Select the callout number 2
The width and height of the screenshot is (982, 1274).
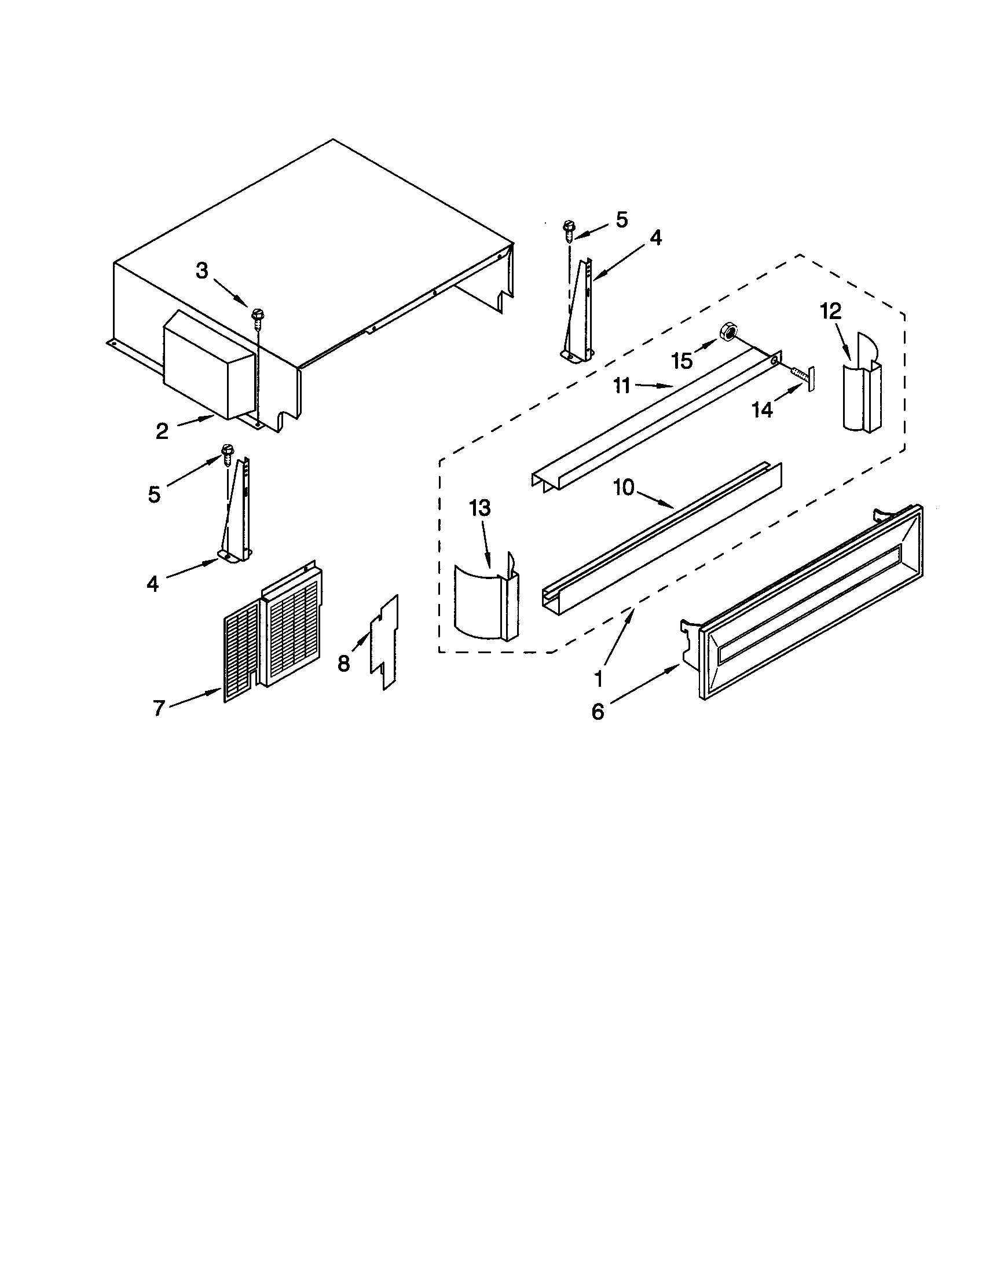(x=162, y=431)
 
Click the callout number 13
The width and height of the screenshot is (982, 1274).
(x=480, y=508)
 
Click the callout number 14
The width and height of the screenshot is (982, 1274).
(x=761, y=410)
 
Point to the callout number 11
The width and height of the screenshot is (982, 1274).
(x=622, y=386)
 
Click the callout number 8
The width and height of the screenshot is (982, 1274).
(x=343, y=663)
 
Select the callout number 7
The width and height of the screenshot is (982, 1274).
(x=159, y=708)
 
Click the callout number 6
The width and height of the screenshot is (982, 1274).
(x=598, y=712)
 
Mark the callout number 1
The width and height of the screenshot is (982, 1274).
(x=598, y=679)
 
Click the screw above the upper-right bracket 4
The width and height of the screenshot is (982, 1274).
(x=569, y=229)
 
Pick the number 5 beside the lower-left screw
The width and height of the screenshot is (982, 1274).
(x=153, y=495)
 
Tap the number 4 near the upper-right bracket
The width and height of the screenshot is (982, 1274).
(x=655, y=237)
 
